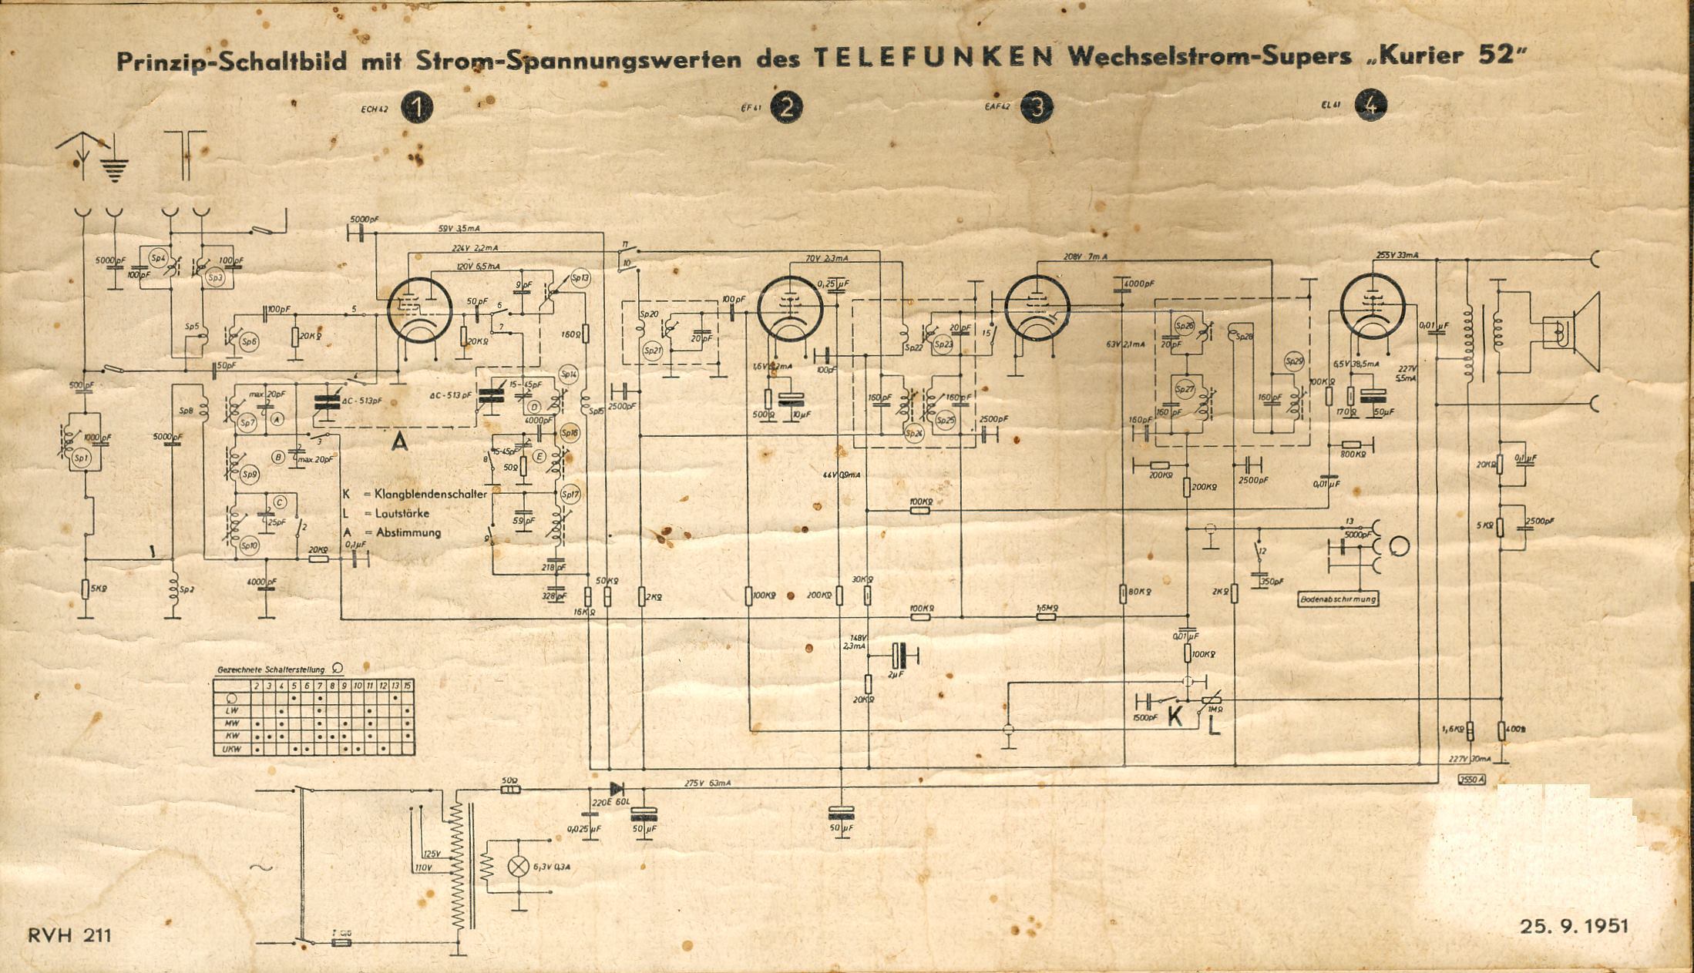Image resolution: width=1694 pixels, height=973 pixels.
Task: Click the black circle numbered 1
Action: click(417, 109)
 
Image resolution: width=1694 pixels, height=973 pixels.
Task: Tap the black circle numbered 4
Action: click(1372, 106)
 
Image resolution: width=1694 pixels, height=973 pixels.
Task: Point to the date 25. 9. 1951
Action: click(1575, 925)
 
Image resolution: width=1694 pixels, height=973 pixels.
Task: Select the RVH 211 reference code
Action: click(69, 935)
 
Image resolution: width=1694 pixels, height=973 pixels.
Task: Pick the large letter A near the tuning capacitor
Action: click(399, 441)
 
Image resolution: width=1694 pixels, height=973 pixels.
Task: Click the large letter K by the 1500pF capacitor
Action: click(1175, 716)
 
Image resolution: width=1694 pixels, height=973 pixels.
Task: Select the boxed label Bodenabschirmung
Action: click(1338, 599)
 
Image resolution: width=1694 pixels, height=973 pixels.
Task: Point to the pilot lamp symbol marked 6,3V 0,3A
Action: click(519, 866)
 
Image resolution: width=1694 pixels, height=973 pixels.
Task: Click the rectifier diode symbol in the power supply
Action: click(617, 789)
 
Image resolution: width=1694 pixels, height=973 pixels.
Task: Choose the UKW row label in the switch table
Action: click(231, 749)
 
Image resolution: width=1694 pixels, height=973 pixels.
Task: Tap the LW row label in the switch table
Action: click(231, 710)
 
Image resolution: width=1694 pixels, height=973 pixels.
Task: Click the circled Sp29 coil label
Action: click(1294, 362)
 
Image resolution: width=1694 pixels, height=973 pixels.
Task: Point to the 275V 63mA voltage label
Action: click(708, 783)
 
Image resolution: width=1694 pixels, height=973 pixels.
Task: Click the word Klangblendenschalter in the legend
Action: click(430, 494)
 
